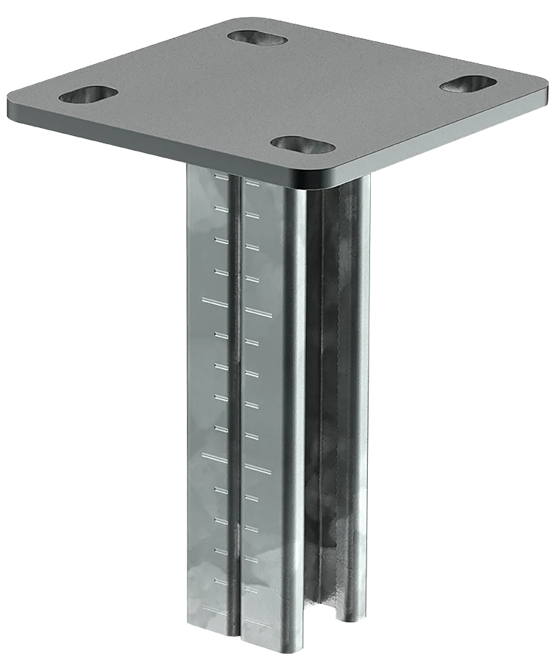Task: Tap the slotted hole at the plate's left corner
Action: pyautogui.click(x=88, y=94)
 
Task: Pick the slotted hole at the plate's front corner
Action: pyautogui.click(x=302, y=144)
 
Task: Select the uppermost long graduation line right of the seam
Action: pyautogui.click(x=258, y=313)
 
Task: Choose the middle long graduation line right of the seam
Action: pyautogui.click(x=258, y=468)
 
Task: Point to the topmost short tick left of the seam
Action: pyautogui.click(x=218, y=177)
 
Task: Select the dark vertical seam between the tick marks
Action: pyautogui.click(x=234, y=405)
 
